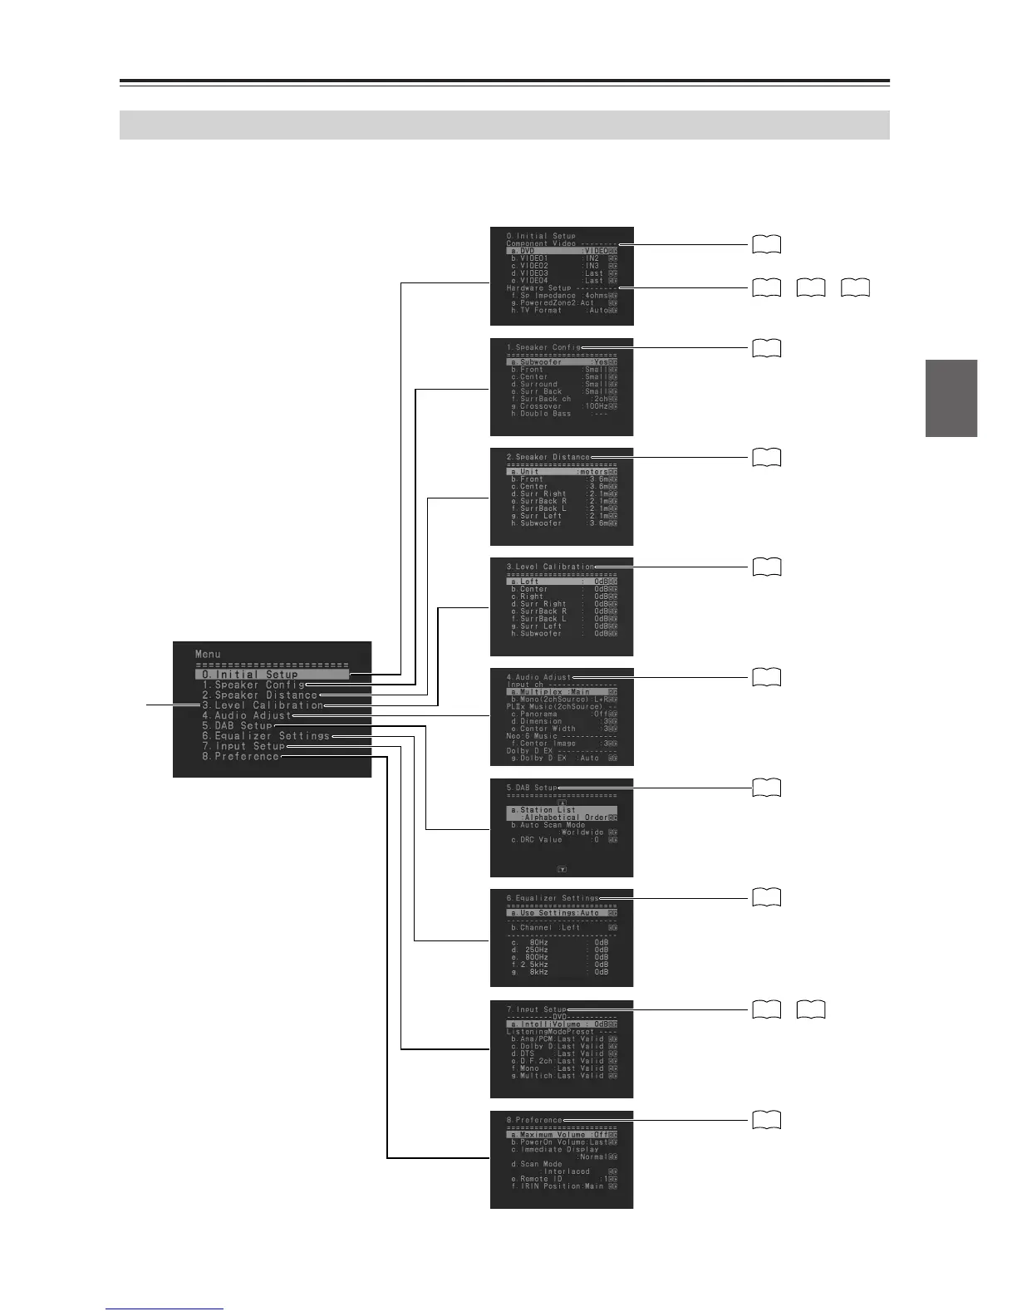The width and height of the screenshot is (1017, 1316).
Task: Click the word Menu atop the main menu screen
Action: [x=209, y=655]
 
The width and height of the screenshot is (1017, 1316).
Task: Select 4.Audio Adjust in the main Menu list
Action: [x=247, y=715]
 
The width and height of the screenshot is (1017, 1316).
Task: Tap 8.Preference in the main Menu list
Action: [x=240, y=757]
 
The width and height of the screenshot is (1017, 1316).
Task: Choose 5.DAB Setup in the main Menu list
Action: [x=237, y=726]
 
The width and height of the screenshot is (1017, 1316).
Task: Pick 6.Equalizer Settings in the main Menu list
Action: [x=266, y=736]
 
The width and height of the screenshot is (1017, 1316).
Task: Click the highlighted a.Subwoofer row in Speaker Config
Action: [x=562, y=362]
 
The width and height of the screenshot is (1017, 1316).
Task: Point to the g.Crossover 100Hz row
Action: [x=562, y=406]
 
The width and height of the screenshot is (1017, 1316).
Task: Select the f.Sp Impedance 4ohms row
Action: [x=562, y=296]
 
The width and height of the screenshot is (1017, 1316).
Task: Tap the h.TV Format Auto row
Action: [x=562, y=311]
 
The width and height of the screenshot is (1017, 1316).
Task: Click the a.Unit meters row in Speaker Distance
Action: [x=562, y=472]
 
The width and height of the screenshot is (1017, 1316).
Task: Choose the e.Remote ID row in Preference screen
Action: [x=562, y=1180]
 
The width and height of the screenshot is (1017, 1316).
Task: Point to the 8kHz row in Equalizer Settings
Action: [x=562, y=972]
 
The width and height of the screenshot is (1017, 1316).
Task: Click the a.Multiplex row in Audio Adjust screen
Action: [x=562, y=692]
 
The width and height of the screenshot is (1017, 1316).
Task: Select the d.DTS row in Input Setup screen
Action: [x=562, y=1054]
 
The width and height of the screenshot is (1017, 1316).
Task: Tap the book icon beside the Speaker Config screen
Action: [x=766, y=347]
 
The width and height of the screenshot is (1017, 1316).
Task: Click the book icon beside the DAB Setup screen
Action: [x=766, y=788]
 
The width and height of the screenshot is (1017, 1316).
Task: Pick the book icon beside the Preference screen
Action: [x=766, y=1120]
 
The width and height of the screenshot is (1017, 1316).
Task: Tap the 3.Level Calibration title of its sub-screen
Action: [x=550, y=567]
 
